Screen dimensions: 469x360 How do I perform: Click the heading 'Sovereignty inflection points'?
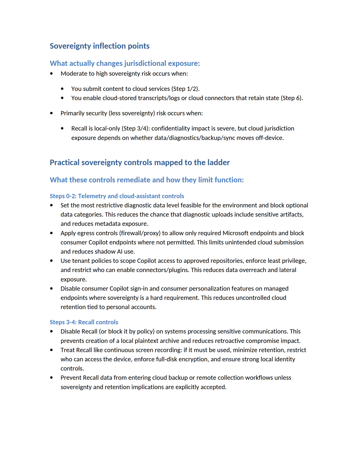tap(100, 46)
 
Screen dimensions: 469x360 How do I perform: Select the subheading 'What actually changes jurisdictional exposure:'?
tap(125, 63)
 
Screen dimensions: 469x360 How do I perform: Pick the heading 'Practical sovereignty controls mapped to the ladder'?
tap(139, 162)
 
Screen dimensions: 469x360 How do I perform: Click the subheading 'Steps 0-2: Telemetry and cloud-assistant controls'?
tap(117, 196)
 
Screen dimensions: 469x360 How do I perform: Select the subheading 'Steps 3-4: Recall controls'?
tap(84, 322)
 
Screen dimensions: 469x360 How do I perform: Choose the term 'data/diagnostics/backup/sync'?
tap(195, 138)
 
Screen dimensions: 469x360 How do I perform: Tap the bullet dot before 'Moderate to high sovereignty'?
tap(51, 74)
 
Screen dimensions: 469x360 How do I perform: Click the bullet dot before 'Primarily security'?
tap(51, 113)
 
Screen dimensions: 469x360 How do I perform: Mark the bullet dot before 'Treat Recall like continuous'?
tap(51, 350)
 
